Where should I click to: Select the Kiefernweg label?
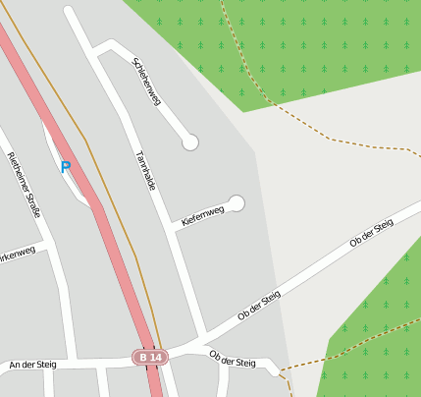[203, 214]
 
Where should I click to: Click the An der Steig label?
[32, 365]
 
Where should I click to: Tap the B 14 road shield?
[150, 358]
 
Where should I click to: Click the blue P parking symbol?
[66, 167]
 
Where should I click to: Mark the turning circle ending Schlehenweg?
[190, 142]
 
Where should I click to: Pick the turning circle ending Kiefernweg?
[237, 203]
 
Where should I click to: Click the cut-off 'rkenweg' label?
[17, 254]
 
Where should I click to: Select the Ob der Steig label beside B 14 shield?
[232, 361]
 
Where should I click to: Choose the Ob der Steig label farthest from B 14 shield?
[372, 234]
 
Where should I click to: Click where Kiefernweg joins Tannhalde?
[176, 228]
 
